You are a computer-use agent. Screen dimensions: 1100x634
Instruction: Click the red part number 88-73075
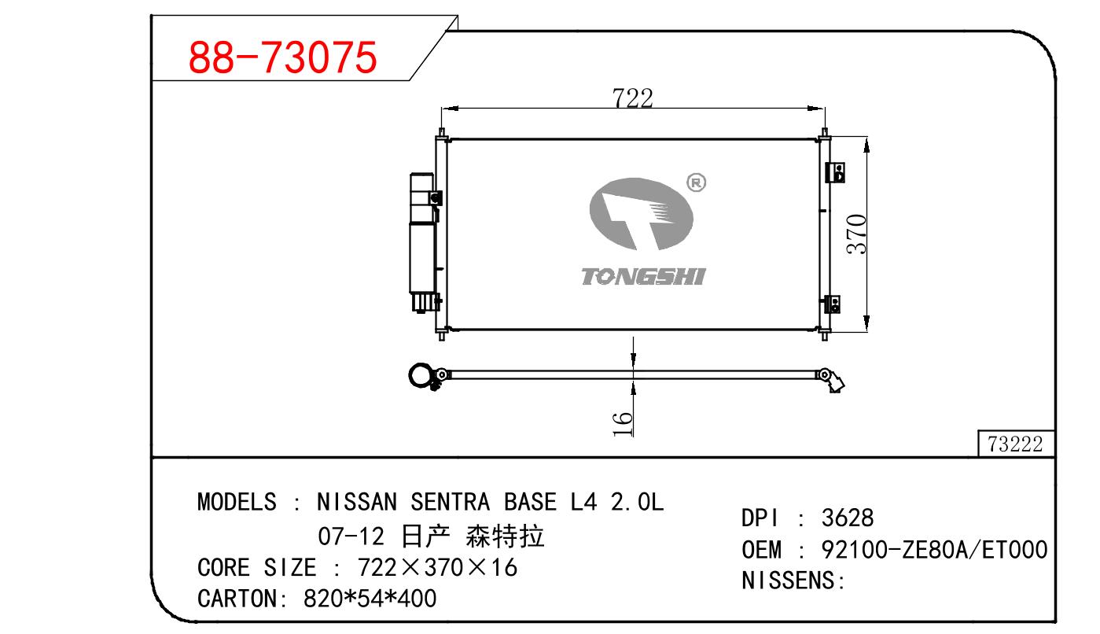pyautogui.click(x=282, y=57)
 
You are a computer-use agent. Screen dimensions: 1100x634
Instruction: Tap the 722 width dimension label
pyautogui.click(x=632, y=98)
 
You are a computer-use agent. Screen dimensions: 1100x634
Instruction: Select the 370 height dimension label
pyautogui.click(x=857, y=234)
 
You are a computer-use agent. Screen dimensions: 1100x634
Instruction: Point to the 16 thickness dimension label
pyautogui.click(x=623, y=424)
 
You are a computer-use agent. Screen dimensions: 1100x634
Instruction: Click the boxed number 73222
pyautogui.click(x=1015, y=444)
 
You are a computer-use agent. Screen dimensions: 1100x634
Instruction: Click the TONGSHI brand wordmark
pyautogui.click(x=643, y=276)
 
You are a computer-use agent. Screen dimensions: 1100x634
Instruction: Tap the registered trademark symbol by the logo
pyautogui.click(x=696, y=182)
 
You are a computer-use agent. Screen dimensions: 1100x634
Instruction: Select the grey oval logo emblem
pyautogui.click(x=641, y=214)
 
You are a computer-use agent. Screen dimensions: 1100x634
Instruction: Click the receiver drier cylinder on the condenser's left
pyautogui.click(x=421, y=242)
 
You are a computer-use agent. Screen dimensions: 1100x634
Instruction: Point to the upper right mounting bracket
pyautogui.click(x=835, y=172)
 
